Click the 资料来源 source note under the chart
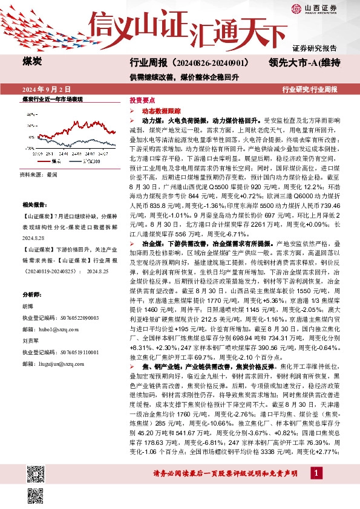39,174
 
